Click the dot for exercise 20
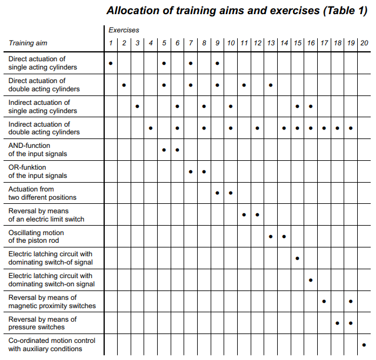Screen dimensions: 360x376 point(364,345)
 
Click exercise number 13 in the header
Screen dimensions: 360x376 point(271,43)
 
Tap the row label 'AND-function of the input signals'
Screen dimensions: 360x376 point(38,150)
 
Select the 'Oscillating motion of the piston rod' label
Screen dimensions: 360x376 point(37,236)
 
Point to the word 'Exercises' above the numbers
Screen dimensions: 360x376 point(124,29)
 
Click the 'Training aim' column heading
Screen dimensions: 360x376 point(28,43)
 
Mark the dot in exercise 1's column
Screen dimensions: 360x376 point(111,63)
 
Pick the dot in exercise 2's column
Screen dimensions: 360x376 point(124,85)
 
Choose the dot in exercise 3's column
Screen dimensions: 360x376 point(137,107)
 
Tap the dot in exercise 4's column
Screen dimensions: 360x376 point(151,128)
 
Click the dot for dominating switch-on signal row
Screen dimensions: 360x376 point(311,280)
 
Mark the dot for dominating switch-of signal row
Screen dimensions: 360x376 point(297,258)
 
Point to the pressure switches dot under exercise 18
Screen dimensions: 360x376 point(337,323)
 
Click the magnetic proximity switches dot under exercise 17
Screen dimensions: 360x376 point(324,301)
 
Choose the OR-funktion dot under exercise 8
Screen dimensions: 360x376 point(204,171)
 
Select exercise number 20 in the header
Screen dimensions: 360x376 point(364,43)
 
